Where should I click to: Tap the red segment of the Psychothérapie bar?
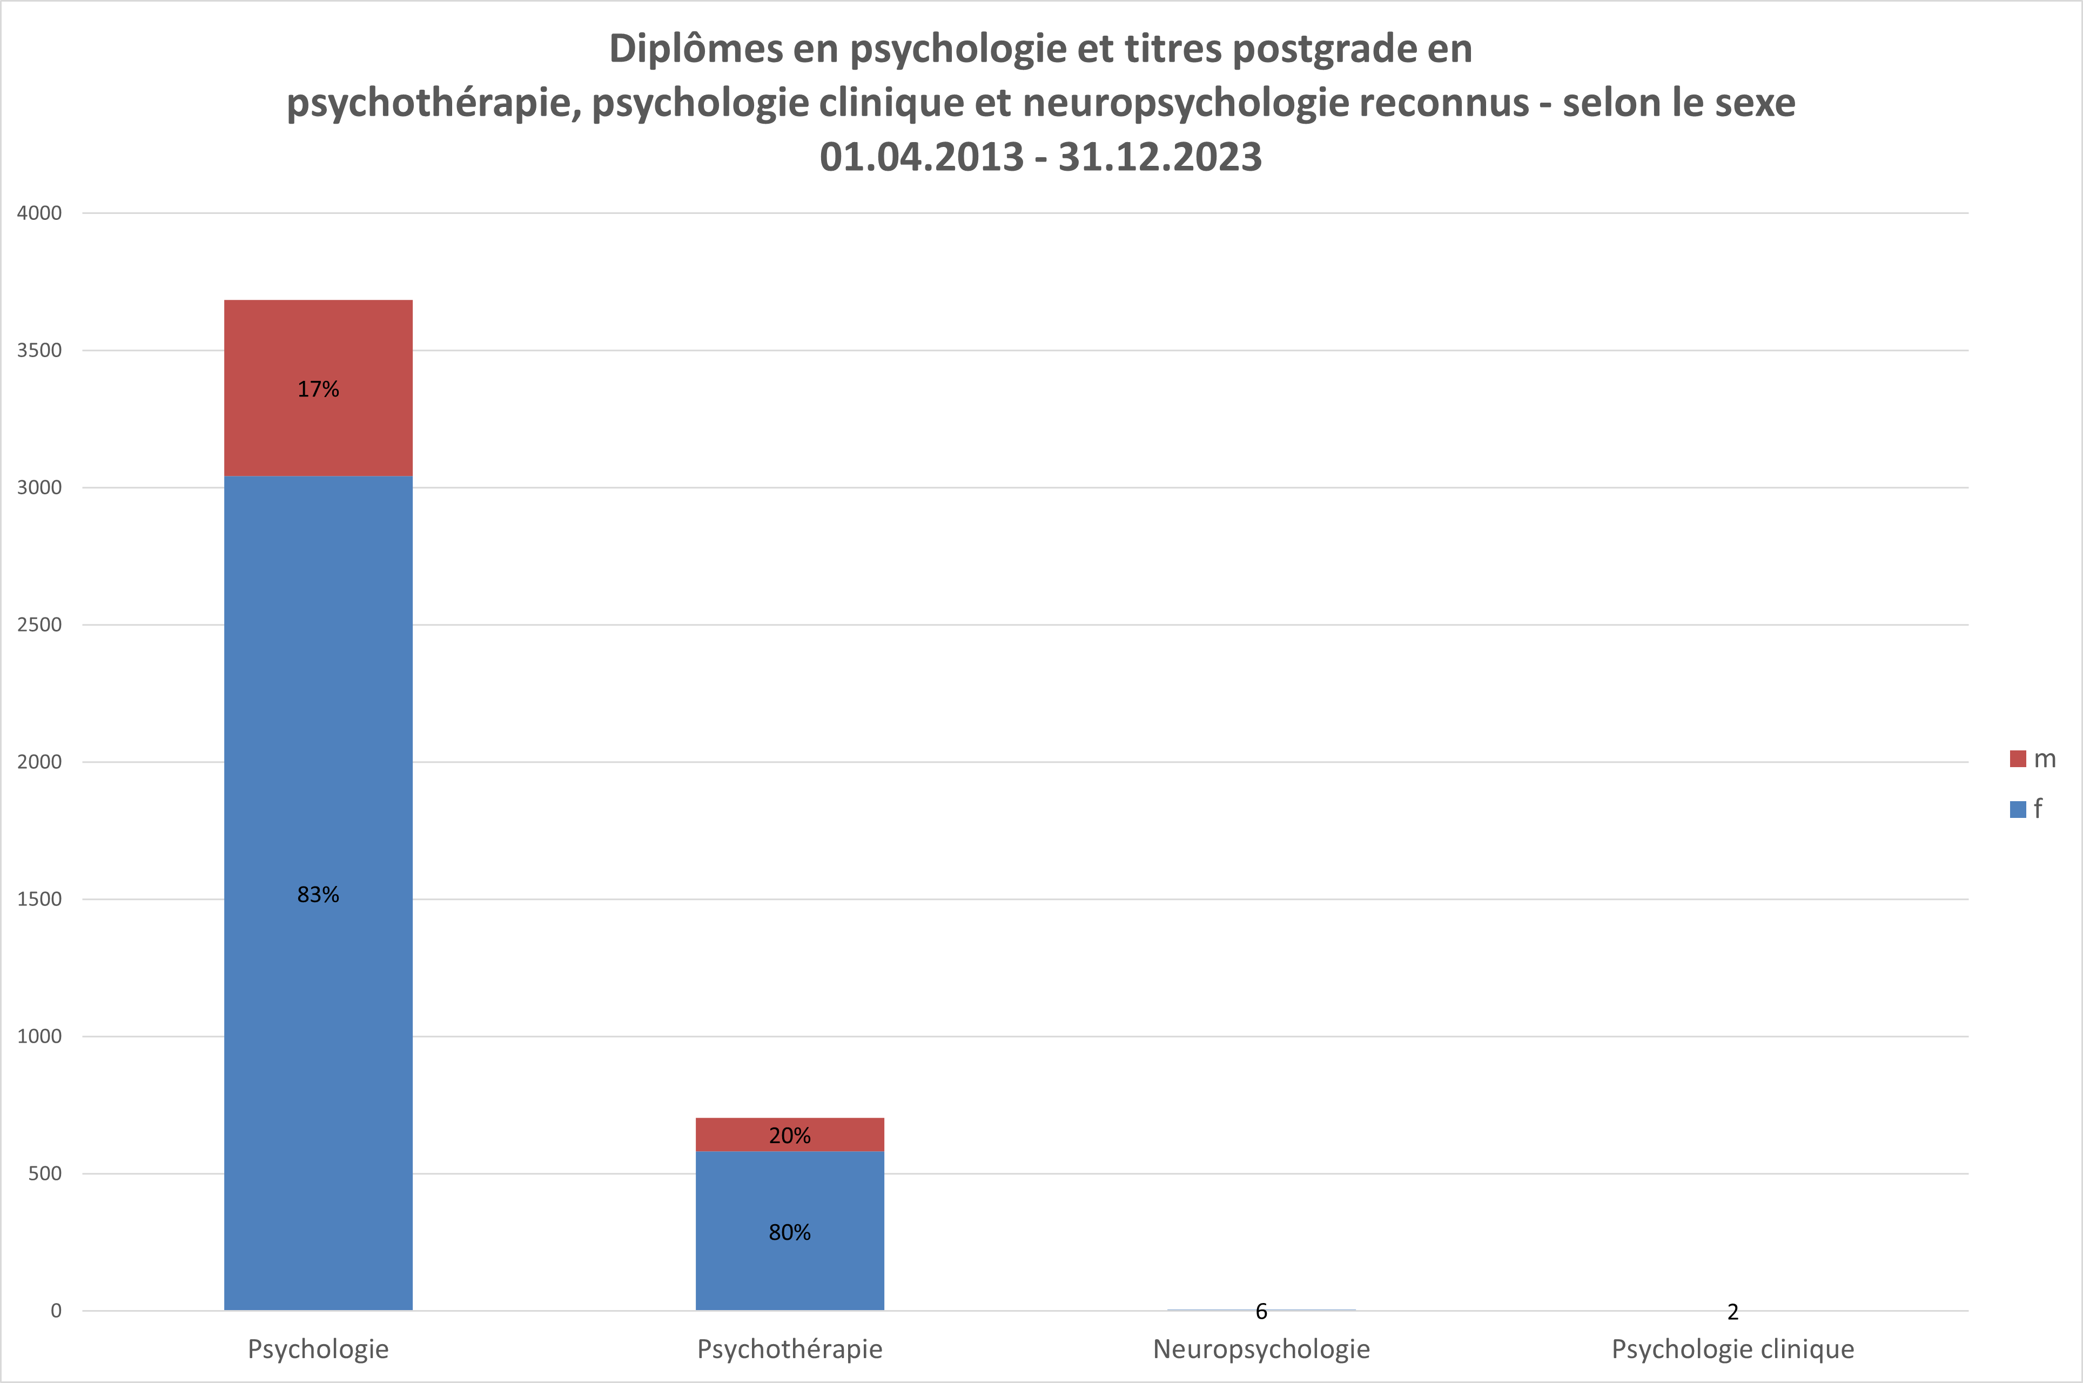741,1134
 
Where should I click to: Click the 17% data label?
318,389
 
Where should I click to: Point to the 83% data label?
318,895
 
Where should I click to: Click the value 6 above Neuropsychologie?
1261,1312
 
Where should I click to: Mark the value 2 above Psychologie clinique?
1733,1312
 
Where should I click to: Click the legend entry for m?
2033,758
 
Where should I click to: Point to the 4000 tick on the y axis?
39,212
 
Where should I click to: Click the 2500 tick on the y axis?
39,625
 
